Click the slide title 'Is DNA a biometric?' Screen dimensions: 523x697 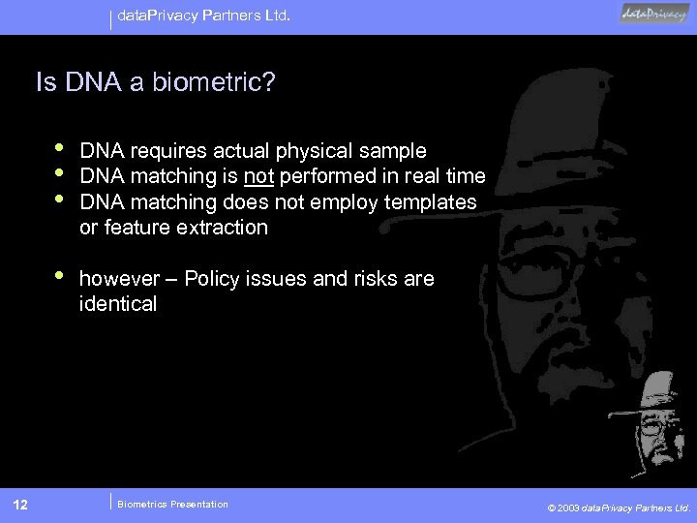point(155,80)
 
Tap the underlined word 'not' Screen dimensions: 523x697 point(259,176)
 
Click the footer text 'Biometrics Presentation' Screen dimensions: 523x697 point(172,504)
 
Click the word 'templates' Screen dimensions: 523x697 point(433,201)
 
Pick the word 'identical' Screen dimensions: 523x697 point(117,304)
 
